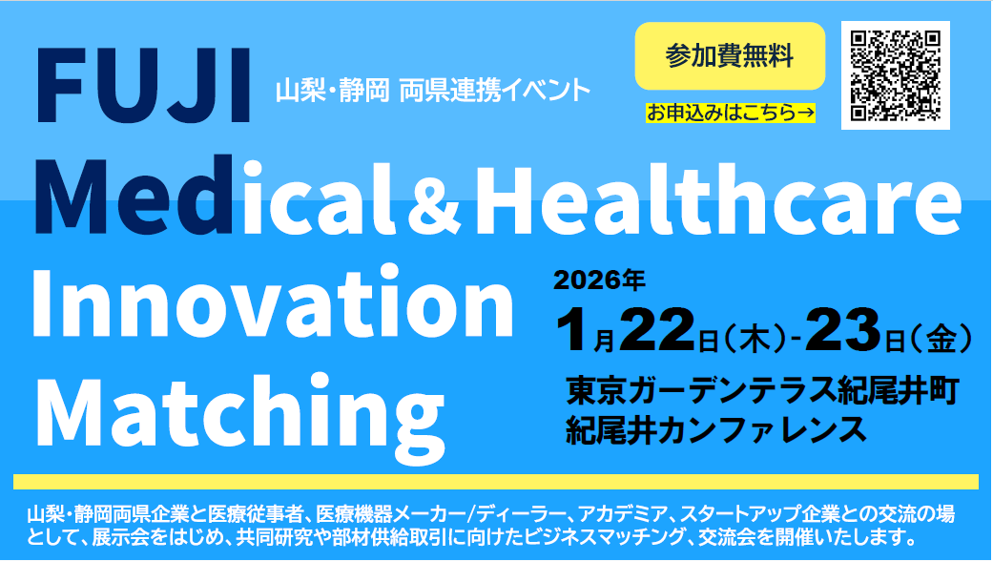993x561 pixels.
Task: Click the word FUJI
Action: point(144,86)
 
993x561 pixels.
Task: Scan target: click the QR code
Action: point(895,75)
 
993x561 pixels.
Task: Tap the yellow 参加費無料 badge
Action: point(730,56)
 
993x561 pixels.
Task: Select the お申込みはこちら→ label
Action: point(730,113)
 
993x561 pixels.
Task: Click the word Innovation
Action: point(272,302)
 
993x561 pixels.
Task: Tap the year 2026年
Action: point(600,280)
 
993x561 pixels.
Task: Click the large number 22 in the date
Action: point(657,331)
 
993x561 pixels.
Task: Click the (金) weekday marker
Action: point(940,340)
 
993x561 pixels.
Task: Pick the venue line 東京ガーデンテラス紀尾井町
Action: point(762,392)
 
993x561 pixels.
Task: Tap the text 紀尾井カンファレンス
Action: point(716,430)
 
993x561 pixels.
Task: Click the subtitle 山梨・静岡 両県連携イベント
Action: point(432,92)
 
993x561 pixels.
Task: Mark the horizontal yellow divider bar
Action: point(496,482)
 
